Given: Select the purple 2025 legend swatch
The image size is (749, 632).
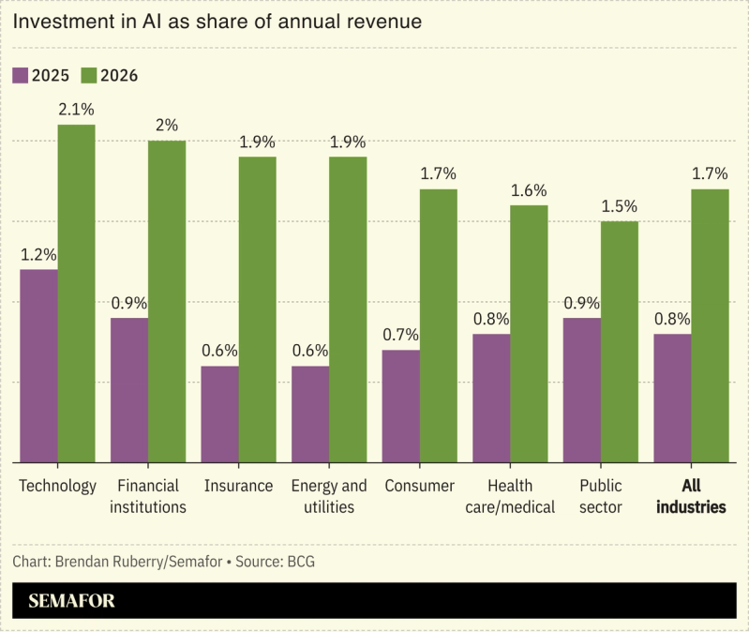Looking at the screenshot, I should (x=21, y=75).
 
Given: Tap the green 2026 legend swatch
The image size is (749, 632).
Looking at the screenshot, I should (x=90, y=75).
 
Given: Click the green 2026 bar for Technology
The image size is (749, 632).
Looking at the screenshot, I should (x=77, y=293).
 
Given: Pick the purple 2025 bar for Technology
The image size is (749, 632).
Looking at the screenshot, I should (x=38, y=366).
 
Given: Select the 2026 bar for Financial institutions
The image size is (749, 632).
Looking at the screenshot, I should (x=167, y=301).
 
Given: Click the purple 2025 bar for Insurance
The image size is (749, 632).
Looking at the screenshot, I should (x=219, y=414).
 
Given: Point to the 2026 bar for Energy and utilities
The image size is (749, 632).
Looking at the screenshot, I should (x=348, y=309).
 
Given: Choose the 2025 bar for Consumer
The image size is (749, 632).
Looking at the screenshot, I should (x=400, y=406).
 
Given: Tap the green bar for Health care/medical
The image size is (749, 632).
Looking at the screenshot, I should (x=529, y=333).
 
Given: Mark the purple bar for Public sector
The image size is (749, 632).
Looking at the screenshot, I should (x=581, y=390).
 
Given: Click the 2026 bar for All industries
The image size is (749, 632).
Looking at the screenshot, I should (x=710, y=325).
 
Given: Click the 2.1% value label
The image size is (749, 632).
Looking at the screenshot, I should (x=77, y=110).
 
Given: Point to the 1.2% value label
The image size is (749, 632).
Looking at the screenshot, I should (x=38, y=254).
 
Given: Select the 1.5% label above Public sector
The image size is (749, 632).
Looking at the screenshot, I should (x=619, y=206).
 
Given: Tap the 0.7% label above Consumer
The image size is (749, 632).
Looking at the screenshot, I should (x=400, y=335).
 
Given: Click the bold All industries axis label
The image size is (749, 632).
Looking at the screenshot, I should (x=691, y=496).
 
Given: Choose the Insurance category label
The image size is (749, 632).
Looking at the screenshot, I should (x=238, y=486).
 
